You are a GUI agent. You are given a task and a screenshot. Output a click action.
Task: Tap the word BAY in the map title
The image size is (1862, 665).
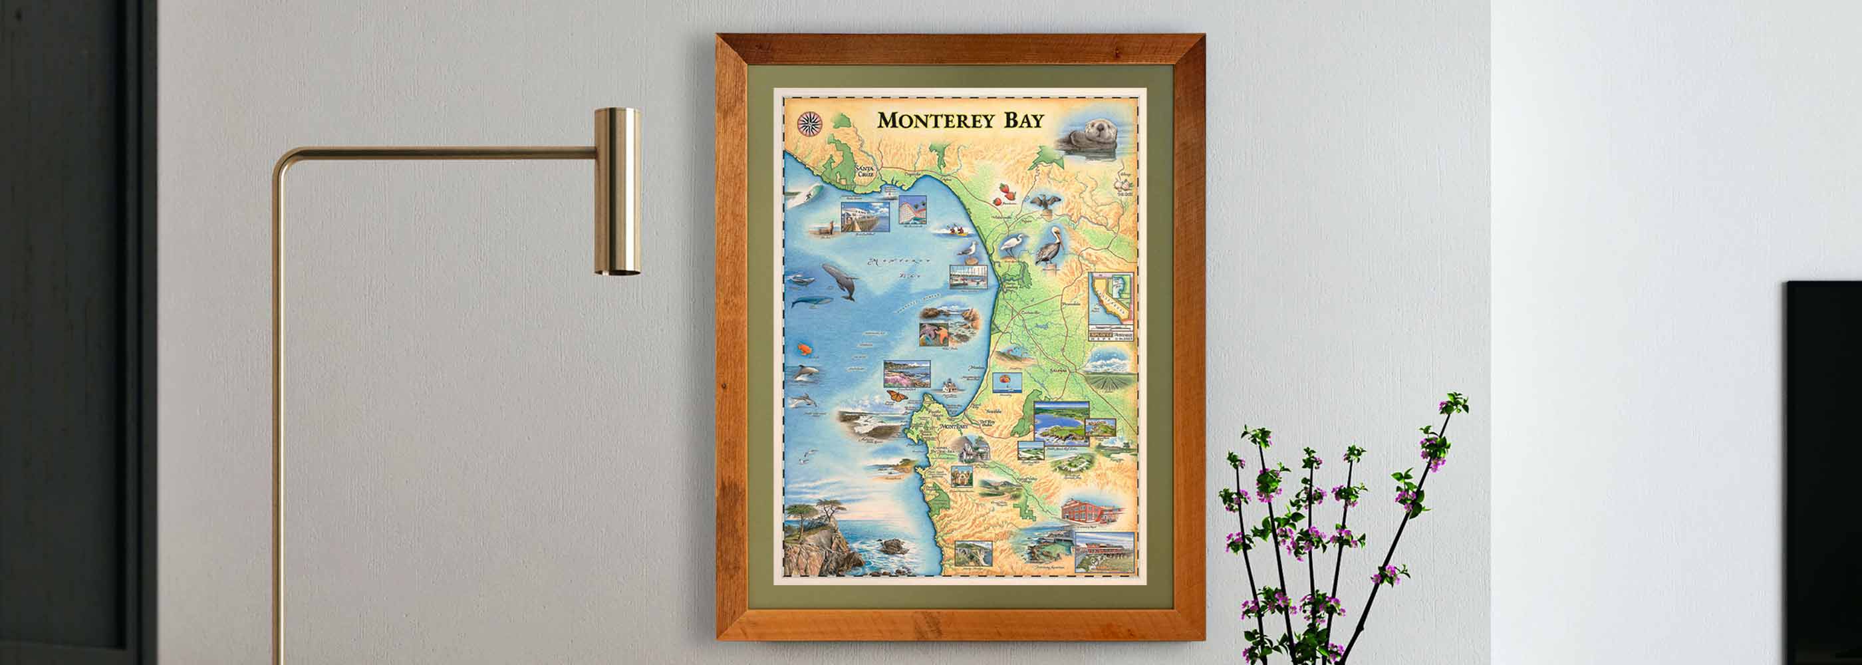[1023, 120]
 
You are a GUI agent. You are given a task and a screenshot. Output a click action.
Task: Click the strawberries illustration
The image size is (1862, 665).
[1004, 192]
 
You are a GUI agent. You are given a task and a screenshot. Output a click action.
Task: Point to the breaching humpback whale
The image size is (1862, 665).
[841, 281]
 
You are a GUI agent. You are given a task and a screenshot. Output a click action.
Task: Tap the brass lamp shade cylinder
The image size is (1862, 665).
[617, 191]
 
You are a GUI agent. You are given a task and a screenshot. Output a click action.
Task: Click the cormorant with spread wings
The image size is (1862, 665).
[1045, 203]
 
